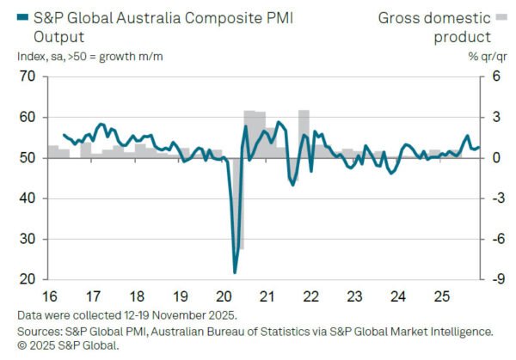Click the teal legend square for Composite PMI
pyautogui.click(x=23, y=17)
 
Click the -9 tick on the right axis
pyautogui.click(x=495, y=280)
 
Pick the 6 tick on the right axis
pyautogui.click(x=496, y=76)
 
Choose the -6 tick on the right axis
pyautogui.click(x=495, y=240)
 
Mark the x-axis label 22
pyautogui.click(x=310, y=296)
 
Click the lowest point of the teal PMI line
pyautogui.click(x=235, y=272)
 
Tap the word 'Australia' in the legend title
pyautogui.click(x=158, y=17)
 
